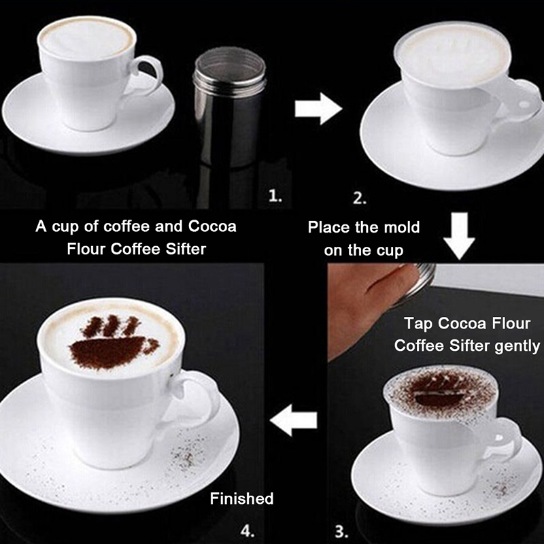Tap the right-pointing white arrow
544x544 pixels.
point(318,109)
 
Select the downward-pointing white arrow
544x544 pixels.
point(460,236)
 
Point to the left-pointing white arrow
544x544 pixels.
point(294,420)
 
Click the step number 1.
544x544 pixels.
point(275,197)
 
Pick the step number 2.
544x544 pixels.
point(360,198)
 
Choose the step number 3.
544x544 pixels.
point(342,532)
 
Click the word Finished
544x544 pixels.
point(242,498)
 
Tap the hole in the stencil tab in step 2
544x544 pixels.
point(524,104)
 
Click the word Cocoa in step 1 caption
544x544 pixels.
point(212,226)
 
